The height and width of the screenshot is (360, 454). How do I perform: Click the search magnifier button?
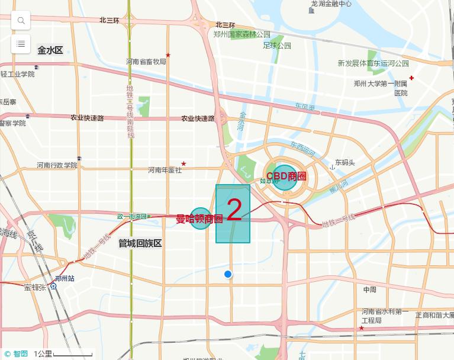21,21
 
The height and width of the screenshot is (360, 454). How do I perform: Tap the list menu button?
21,44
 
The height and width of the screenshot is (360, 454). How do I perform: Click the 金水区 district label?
50,50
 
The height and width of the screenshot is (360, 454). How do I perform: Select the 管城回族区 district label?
140,243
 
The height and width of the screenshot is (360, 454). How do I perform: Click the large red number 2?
234,211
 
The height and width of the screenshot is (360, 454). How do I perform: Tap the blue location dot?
228,274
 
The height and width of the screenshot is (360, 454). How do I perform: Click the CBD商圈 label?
286,176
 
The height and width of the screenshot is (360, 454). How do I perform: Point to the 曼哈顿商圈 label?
199,218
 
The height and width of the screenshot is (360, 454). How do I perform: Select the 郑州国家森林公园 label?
242,34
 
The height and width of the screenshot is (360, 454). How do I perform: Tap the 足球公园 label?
277,46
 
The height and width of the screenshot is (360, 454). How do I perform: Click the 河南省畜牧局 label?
146,62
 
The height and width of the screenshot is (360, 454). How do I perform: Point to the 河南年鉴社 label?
165,171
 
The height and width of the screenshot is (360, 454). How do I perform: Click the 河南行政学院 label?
57,165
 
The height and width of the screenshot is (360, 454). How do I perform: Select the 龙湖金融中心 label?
331,4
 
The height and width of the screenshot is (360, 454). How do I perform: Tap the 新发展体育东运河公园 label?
373,63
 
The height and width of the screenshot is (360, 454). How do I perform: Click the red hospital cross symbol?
411,78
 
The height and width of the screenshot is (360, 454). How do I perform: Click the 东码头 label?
344,162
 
